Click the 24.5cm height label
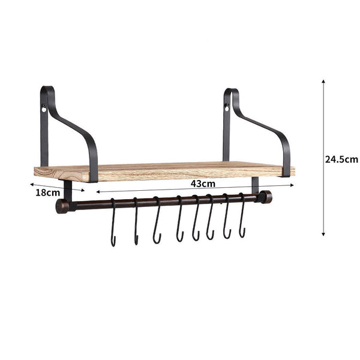point(341,159)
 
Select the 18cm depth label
point(47,193)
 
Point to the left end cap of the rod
point(61,206)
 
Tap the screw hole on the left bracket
point(44,109)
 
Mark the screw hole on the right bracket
point(227,109)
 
